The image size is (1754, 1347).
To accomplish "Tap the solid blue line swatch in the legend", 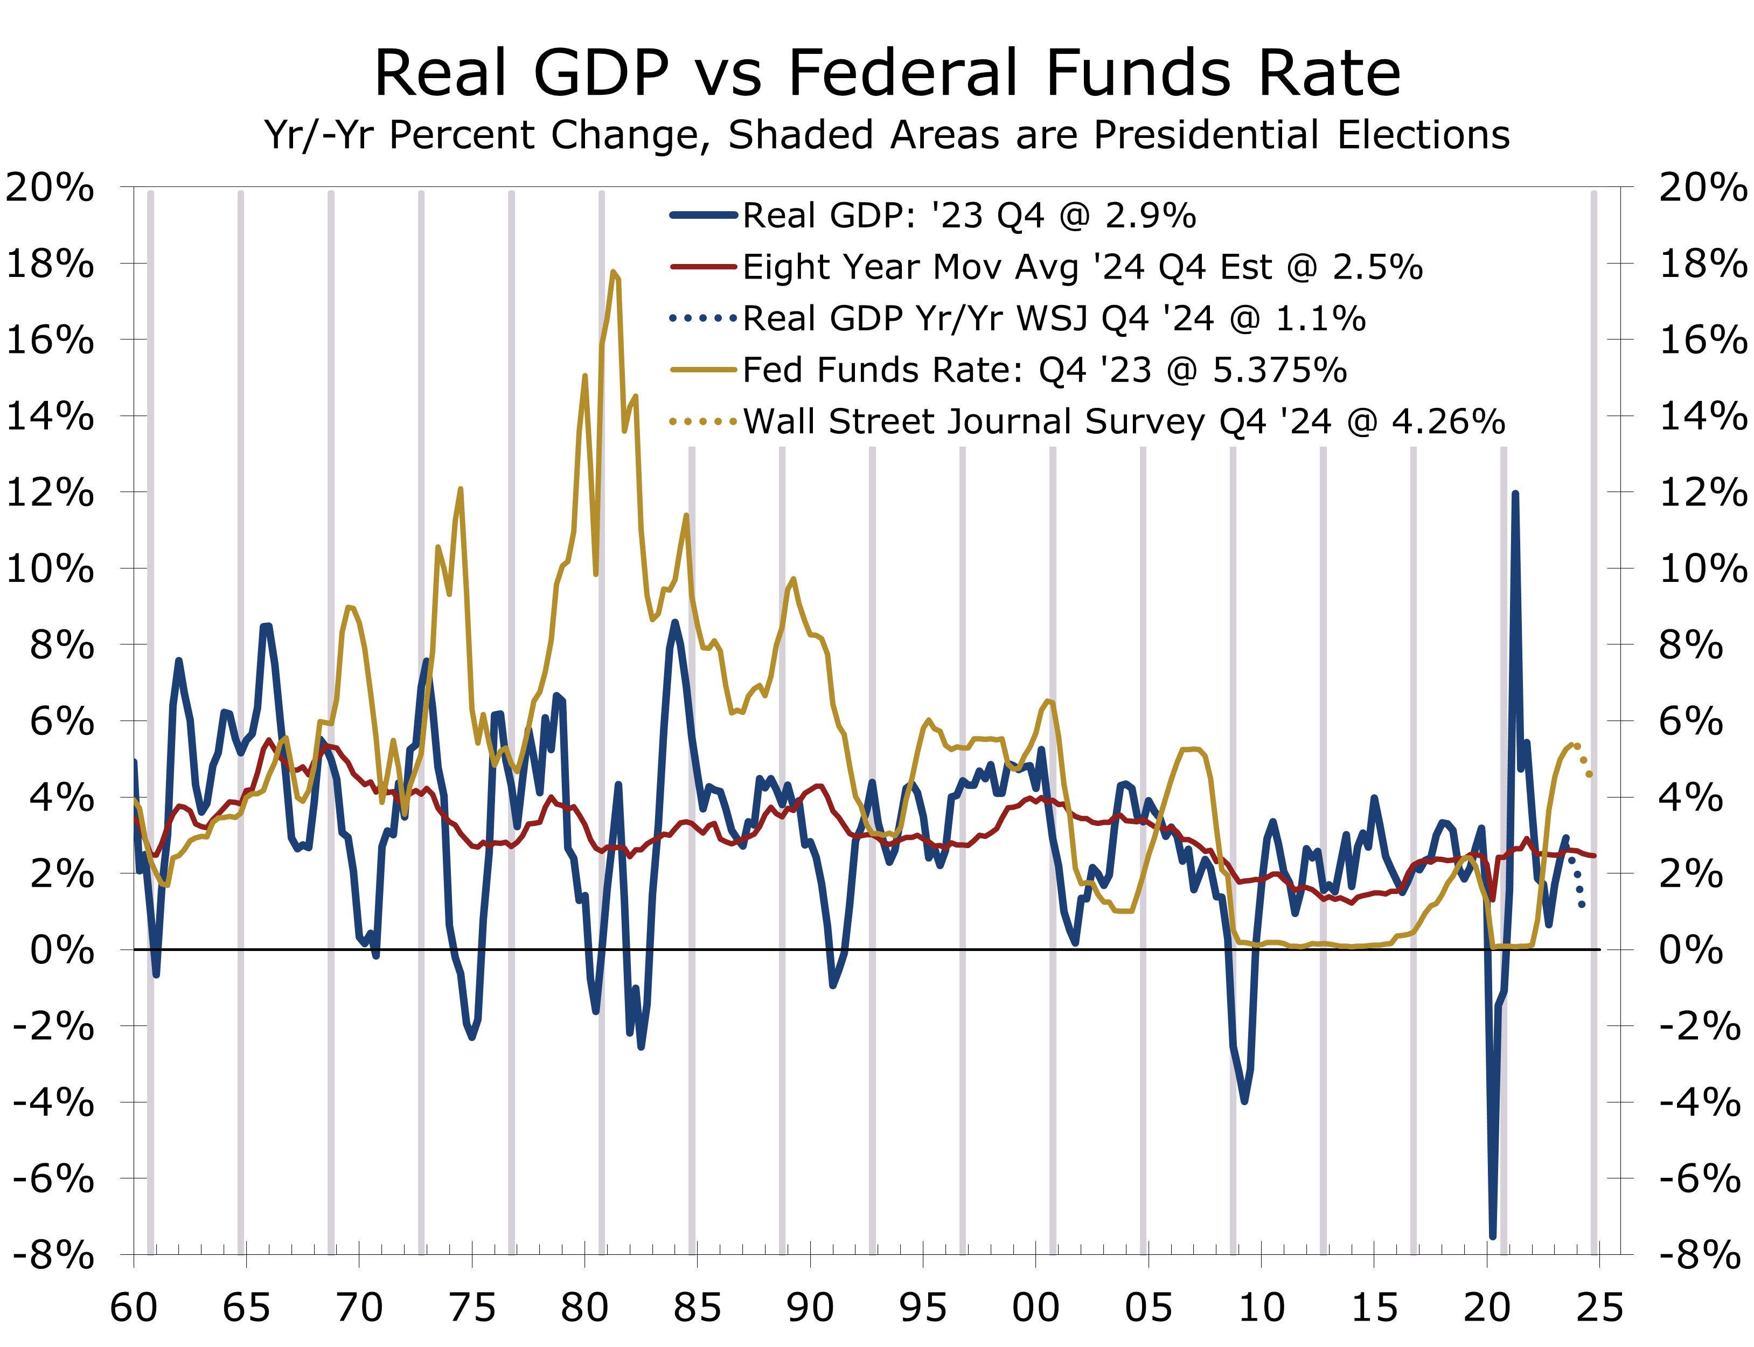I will click(703, 215).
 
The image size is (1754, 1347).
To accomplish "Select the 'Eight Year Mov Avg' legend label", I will click(909, 267).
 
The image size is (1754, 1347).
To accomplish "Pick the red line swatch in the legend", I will click(703, 266).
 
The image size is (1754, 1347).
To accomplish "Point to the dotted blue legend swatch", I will click(703, 318).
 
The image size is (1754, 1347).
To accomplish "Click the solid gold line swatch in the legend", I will click(703, 370).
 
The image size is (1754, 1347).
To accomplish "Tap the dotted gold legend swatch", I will click(703, 421).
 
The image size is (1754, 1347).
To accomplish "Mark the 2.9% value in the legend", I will click(1150, 216).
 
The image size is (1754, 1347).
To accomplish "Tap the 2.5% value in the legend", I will click(1377, 267).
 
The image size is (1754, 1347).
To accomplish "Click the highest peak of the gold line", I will click(613, 273).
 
